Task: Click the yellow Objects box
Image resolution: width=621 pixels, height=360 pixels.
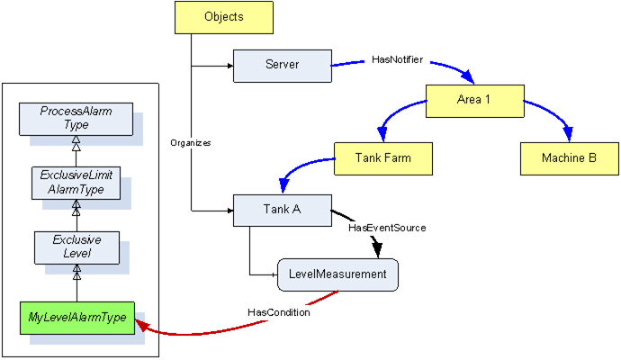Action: pyautogui.click(x=224, y=17)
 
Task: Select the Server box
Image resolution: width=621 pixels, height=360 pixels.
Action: pyautogui.click(x=283, y=66)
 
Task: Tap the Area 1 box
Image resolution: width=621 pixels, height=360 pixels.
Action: pyautogui.click(x=475, y=101)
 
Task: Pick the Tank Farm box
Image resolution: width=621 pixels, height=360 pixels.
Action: pyautogui.click(x=383, y=158)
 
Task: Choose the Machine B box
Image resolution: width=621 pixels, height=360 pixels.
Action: pyautogui.click(x=569, y=158)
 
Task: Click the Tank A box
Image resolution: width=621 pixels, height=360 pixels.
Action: pyautogui.click(x=283, y=211)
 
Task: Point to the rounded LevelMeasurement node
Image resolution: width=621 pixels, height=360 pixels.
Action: pyautogui.click(x=337, y=274)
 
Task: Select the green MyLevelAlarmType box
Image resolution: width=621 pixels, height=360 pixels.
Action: pyautogui.click(x=77, y=318)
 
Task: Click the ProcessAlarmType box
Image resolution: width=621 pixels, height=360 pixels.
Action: pyautogui.click(x=76, y=119)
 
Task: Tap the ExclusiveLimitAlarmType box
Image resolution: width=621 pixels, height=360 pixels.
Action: pyautogui.click(x=76, y=183)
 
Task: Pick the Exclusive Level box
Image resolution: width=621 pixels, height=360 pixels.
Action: pyautogui.click(x=76, y=247)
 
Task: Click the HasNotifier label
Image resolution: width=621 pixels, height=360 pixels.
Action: pyautogui.click(x=397, y=59)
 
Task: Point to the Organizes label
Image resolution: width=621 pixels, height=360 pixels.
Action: pyautogui.click(x=191, y=143)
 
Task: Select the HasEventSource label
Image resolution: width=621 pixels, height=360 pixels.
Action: pyautogui.click(x=387, y=228)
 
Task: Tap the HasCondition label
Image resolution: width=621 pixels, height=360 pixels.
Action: pyautogui.click(x=279, y=312)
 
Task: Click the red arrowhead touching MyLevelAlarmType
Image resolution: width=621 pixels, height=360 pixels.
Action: pyautogui.click(x=142, y=326)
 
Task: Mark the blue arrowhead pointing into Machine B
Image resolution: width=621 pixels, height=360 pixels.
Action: pyautogui.click(x=569, y=134)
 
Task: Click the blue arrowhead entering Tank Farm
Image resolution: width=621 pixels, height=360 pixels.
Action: pyautogui.click(x=382, y=134)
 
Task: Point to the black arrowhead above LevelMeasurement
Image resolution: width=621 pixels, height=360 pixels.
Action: pyautogui.click(x=377, y=249)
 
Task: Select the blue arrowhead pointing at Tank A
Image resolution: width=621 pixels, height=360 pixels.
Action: pyautogui.click(x=284, y=185)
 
